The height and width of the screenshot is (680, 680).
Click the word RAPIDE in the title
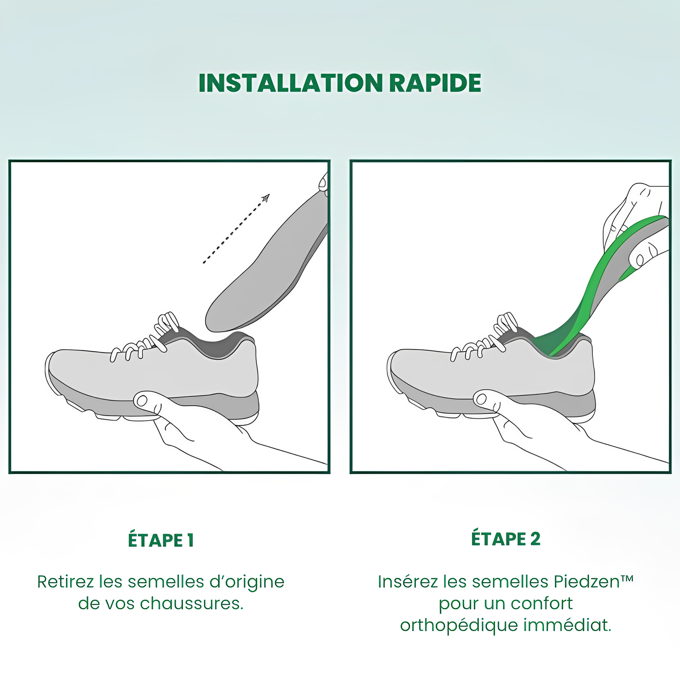pos(435,83)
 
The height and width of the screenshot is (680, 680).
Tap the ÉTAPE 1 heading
pos(160,540)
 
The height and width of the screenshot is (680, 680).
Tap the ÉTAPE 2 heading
pos(505,539)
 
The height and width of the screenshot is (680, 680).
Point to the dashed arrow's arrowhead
pos(266,198)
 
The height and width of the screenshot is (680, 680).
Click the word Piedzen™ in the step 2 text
pos(593,582)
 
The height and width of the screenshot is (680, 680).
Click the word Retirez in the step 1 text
pos(65,582)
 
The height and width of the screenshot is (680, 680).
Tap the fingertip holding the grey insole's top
pos(323,183)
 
